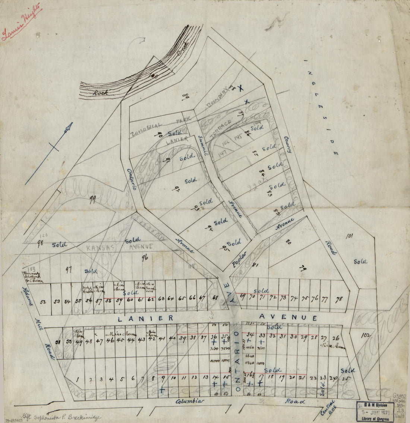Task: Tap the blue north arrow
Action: coord(49,153)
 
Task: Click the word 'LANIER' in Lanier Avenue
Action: coord(146,318)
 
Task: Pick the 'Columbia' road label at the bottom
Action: coord(190,401)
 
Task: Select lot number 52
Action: coord(42,302)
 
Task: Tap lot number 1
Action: coord(78,379)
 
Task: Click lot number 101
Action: coord(349,236)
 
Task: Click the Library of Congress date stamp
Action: coord(374,411)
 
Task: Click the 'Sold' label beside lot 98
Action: coord(59,245)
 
